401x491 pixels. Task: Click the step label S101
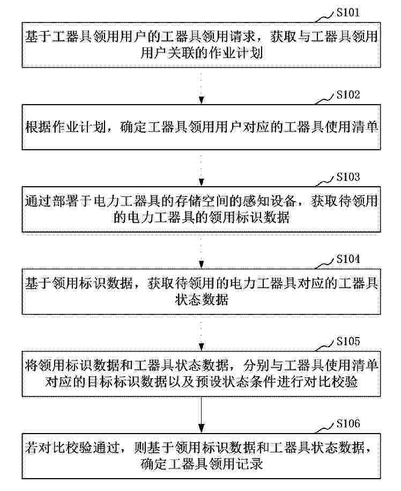(x=348, y=12)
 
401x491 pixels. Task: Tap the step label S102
(x=348, y=94)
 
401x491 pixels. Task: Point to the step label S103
(x=348, y=177)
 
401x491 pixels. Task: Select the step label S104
(x=348, y=259)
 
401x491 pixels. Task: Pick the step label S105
(x=348, y=341)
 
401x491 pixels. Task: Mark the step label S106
(x=348, y=423)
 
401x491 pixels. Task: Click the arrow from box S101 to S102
(x=202, y=85)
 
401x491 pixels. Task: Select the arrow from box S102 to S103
(x=202, y=168)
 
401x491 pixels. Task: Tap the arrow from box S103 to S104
(x=202, y=250)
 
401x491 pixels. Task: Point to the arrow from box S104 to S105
(x=202, y=332)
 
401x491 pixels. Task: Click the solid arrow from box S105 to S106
(x=202, y=415)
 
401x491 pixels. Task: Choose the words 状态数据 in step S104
(x=202, y=299)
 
